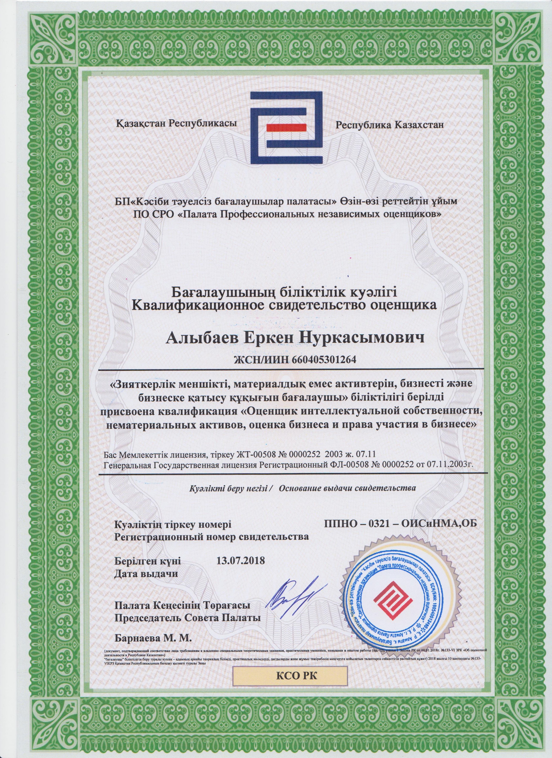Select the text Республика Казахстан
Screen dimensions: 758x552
point(390,125)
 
